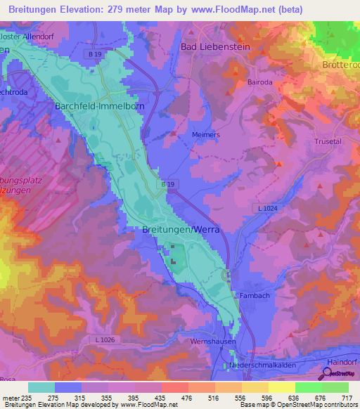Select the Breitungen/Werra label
181,229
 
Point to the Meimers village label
206,134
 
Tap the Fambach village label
255,296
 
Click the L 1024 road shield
267,209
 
